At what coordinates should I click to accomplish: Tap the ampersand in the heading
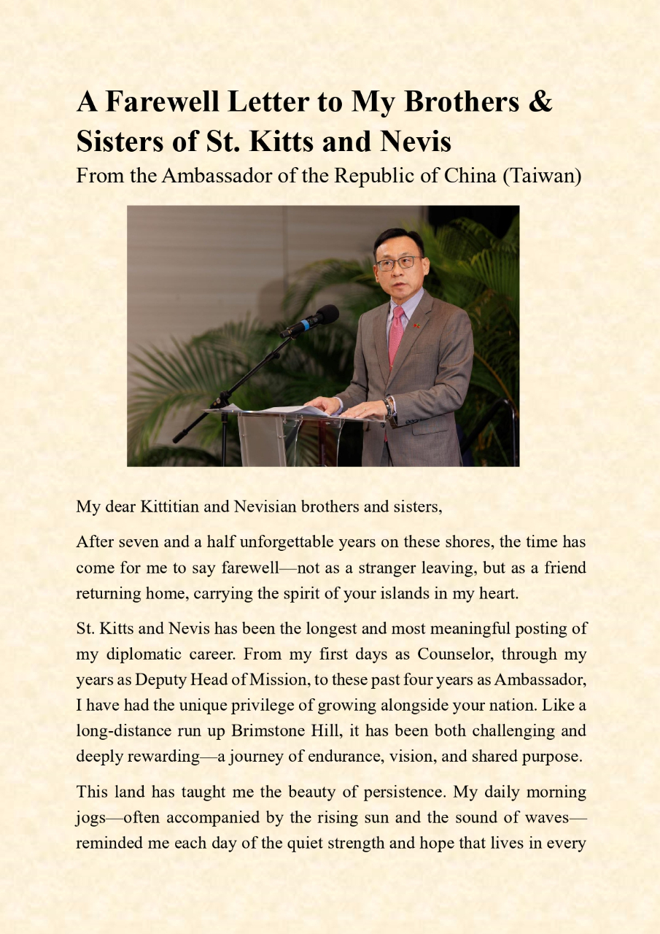click(x=540, y=101)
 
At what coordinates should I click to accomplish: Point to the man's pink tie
click(x=396, y=335)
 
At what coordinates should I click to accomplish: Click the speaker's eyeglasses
click(x=397, y=263)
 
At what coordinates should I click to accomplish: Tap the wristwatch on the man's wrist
click(x=389, y=406)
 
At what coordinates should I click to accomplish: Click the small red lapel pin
click(x=417, y=325)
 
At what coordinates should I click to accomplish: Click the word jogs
click(x=91, y=817)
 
